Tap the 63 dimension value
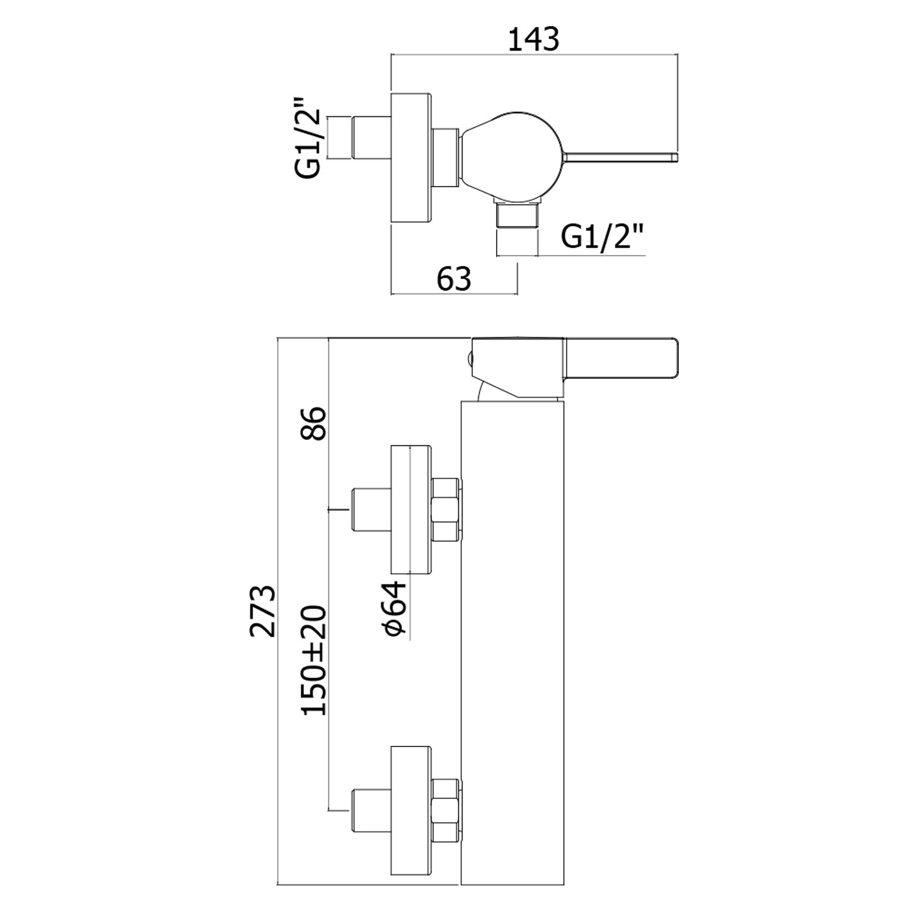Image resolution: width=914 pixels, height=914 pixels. (x=455, y=279)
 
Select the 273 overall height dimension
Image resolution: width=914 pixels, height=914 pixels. (x=263, y=611)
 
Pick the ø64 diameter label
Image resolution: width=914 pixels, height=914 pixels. (x=395, y=608)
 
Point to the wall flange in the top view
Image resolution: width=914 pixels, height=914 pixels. (x=411, y=158)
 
